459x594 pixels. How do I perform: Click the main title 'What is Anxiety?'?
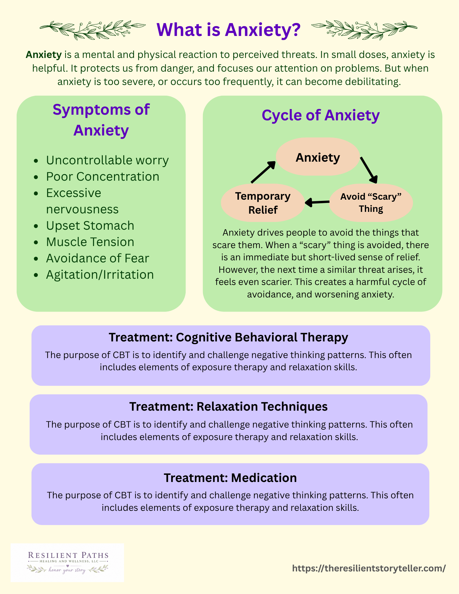tap(228, 30)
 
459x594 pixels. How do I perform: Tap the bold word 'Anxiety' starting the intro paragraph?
tap(44, 55)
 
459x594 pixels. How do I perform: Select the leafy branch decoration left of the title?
tap(93, 30)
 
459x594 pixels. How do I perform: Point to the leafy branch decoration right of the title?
tap(364, 30)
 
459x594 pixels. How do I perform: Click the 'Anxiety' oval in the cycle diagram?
tap(318, 157)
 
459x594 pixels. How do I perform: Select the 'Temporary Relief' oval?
tap(263, 203)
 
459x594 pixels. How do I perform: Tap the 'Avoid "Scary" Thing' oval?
tap(371, 202)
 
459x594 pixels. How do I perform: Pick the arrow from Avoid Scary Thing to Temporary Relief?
tap(317, 203)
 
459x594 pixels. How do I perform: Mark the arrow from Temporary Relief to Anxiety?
tap(263, 172)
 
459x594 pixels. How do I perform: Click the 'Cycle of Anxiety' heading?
tap(321, 115)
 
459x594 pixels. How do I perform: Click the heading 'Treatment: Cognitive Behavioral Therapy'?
tap(228, 338)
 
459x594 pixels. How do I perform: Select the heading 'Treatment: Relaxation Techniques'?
tap(228, 406)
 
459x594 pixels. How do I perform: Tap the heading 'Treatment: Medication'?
tap(230, 478)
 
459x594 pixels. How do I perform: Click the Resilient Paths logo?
tap(67, 563)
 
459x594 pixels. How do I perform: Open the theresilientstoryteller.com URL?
tap(369, 568)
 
